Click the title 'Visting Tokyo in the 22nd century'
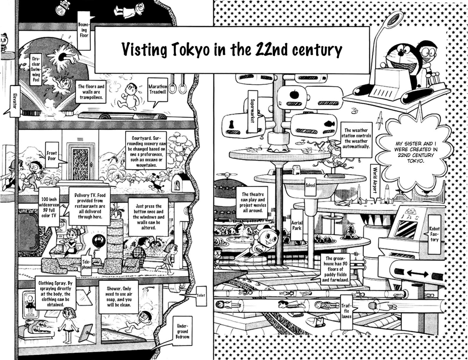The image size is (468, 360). point(232,50)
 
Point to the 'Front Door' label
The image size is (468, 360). point(52,156)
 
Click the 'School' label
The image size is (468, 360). point(310,185)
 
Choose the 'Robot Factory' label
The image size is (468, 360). point(434,234)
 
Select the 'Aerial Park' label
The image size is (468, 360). point(297,225)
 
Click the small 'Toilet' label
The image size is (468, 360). point(201,295)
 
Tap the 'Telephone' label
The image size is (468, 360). point(86,264)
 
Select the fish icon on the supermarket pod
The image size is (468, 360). point(329,124)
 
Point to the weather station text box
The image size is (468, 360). point(356,138)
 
